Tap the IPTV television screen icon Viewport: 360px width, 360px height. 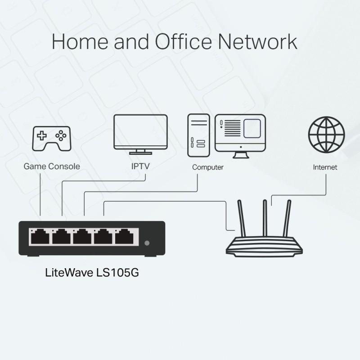(x=140, y=131)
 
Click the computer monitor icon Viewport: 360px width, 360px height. (x=240, y=134)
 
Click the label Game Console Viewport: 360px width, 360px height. (x=52, y=166)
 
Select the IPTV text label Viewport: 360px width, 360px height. (x=140, y=166)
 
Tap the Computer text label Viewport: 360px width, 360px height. (x=208, y=167)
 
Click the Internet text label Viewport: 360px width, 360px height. (x=325, y=167)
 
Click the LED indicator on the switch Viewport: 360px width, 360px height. (x=147, y=243)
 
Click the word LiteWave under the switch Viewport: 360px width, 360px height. (x=67, y=274)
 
